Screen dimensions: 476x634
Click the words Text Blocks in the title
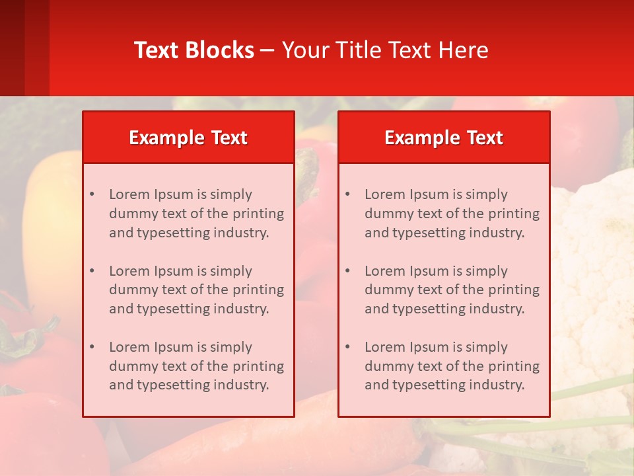(x=194, y=50)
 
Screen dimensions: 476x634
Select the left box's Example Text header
(x=188, y=138)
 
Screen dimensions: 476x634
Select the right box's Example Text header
(x=444, y=138)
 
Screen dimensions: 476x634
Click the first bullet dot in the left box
(x=92, y=194)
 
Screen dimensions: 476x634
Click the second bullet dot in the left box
(x=92, y=271)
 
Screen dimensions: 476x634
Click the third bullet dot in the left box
(x=92, y=347)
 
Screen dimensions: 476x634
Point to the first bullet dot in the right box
(x=347, y=194)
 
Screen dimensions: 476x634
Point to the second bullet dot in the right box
(x=347, y=271)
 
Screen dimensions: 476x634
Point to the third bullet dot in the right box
(x=347, y=347)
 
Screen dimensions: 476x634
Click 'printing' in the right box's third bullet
(x=514, y=366)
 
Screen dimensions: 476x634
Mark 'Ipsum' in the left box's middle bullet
(x=174, y=271)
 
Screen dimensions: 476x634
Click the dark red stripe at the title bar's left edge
(x=24, y=48)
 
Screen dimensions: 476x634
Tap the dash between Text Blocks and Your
(x=268, y=50)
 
